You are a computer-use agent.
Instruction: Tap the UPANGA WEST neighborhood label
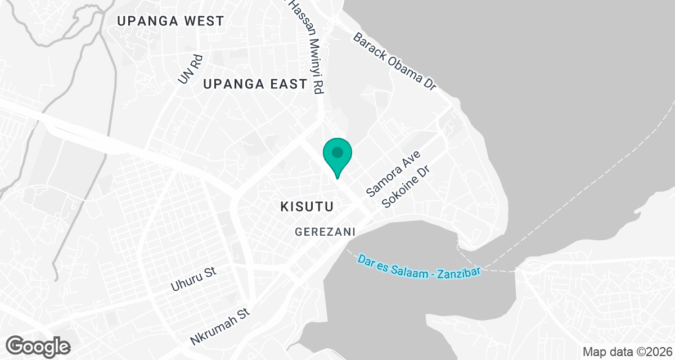coord(170,21)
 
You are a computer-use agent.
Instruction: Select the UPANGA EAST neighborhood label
coord(255,84)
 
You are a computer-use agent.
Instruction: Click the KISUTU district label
coord(307,207)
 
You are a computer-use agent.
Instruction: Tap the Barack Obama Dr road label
coord(395,62)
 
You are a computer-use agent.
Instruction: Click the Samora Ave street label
coord(394,173)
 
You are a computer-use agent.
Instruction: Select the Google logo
coord(38,345)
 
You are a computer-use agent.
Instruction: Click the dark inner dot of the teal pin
coord(337,152)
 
